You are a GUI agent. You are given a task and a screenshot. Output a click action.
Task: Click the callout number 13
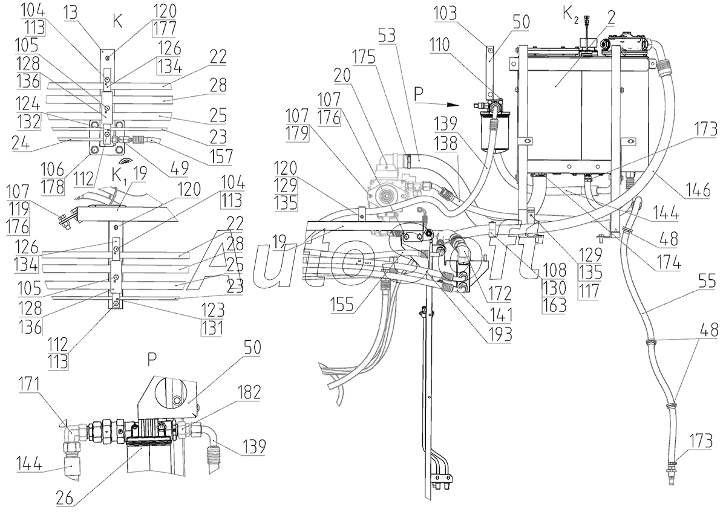[71, 13]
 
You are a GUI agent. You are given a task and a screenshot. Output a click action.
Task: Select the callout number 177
[165, 28]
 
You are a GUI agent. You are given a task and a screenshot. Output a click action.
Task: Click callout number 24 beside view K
[21, 143]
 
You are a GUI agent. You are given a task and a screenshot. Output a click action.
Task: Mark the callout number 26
[65, 497]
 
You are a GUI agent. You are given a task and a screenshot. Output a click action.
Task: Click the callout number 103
[445, 14]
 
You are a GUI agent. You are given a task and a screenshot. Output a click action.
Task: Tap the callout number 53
[387, 35]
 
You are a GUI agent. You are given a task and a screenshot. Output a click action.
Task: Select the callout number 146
[698, 189]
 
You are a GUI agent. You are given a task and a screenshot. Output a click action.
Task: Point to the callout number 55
[707, 280]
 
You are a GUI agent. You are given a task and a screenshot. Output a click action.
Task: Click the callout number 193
[500, 334]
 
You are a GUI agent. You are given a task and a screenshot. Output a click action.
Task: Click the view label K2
[571, 15]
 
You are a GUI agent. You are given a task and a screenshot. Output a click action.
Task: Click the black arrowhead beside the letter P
[453, 105]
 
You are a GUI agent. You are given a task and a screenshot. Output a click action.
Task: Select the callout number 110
[439, 44]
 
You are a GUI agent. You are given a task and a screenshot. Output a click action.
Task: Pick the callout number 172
[500, 293]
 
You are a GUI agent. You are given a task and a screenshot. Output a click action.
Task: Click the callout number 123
[212, 310]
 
